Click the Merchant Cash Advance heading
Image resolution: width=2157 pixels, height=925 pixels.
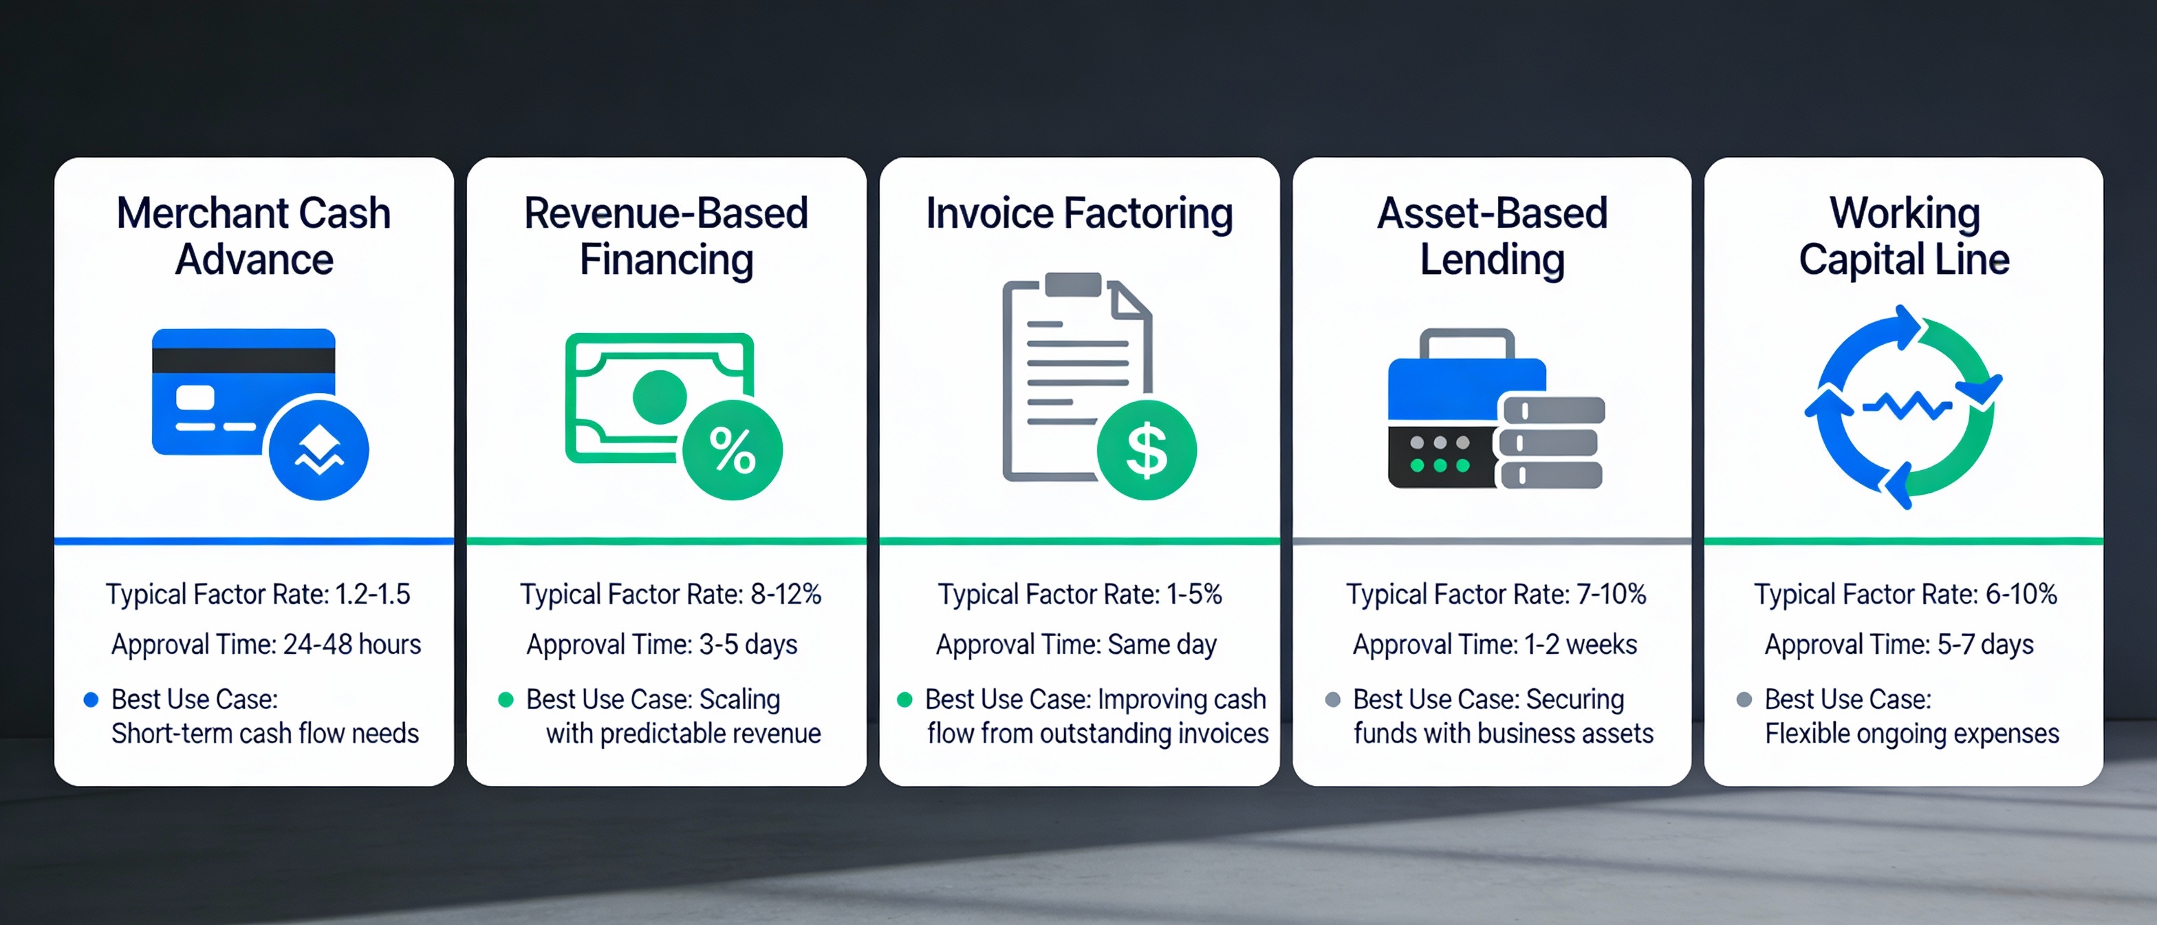254,235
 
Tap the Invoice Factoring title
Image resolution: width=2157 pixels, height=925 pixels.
1078,213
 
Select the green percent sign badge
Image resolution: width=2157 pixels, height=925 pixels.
732,450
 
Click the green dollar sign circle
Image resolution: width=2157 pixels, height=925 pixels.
1147,450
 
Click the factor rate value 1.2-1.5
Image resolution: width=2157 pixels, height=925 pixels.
373,594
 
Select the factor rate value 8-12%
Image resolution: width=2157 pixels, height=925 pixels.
785,594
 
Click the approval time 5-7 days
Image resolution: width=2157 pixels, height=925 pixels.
1984,644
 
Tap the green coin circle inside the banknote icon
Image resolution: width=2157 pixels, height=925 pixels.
659,397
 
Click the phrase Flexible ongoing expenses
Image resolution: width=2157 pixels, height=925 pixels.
1911,733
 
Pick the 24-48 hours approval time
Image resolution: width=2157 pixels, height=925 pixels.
351,644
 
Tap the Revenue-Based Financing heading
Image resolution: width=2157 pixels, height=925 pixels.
666,235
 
